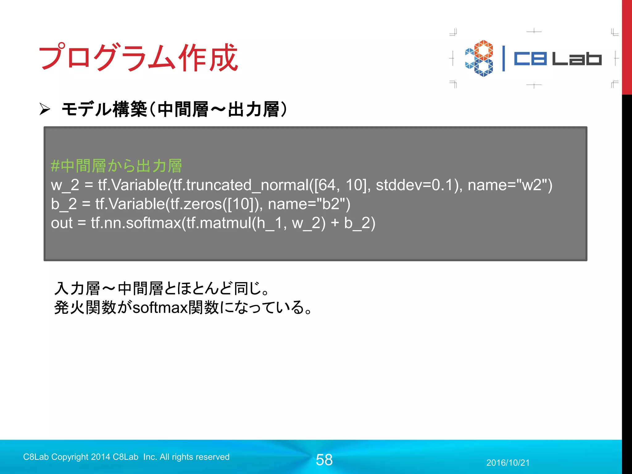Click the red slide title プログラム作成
138,57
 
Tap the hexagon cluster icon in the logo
479,58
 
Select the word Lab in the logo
577,58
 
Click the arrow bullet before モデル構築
45,109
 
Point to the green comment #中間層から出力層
116,166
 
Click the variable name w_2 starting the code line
65,185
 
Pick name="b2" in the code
309,204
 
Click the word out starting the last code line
62,223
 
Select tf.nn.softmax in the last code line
136,223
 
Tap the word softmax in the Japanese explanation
160,307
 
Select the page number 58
324,460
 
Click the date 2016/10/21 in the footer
508,463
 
